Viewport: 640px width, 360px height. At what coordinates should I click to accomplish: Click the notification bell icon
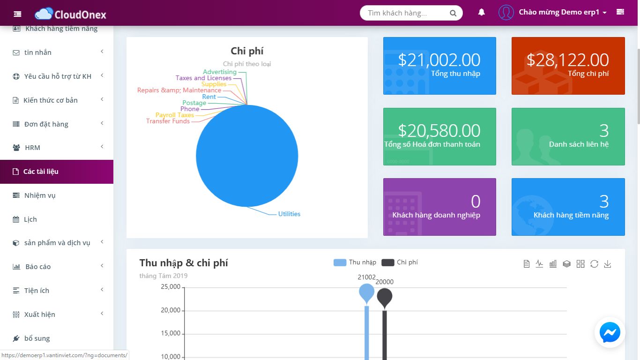(x=482, y=12)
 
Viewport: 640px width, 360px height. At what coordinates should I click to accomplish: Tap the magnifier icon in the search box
(x=453, y=13)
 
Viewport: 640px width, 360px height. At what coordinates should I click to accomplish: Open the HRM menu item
(x=32, y=148)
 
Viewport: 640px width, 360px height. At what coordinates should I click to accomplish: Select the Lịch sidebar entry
(x=30, y=219)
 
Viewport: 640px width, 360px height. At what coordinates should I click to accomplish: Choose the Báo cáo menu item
(x=38, y=267)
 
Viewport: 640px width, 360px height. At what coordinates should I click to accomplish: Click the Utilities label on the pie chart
(x=289, y=214)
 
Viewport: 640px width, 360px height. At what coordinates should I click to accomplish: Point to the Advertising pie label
(x=220, y=72)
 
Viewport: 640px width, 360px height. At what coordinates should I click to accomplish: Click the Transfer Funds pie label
(x=168, y=121)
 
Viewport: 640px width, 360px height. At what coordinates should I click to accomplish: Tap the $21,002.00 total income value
(x=439, y=60)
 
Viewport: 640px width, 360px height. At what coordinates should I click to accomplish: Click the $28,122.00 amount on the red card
(x=568, y=60)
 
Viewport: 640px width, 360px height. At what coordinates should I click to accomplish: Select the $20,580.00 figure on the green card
(x=439, y=130)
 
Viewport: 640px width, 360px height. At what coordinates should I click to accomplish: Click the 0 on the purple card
(x=476, y=201)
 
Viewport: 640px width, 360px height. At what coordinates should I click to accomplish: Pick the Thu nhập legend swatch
(x=340, y=262)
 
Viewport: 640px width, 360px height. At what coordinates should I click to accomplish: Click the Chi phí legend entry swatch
(x=388, y=262)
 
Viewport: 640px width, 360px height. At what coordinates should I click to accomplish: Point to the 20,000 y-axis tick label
(x=171, y=310)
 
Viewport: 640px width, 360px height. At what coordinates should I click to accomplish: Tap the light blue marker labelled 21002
(x=366, y=292)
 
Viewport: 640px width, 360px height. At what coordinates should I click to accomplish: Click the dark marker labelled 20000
(x=385, y=297)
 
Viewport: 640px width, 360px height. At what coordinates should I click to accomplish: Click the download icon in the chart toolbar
(x=607, y=264)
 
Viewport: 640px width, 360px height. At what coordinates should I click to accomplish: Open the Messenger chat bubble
(x=610, y=332)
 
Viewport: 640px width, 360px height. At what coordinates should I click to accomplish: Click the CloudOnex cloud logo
(x=44, y=14)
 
